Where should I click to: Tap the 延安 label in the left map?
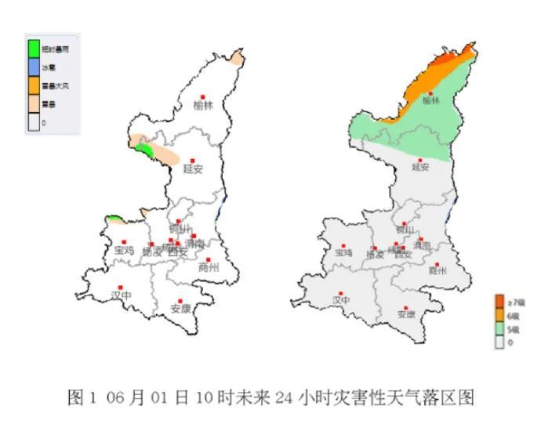(x=193, y=168)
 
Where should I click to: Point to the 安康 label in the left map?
(x=180, y=308)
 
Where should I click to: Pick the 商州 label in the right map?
(x=437, y=270)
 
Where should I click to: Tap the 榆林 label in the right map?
(x=430, y=100)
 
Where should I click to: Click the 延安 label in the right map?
(x=420, y=166)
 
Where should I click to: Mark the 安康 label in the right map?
(x=406, y=314)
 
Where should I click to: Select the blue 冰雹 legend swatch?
(x=34, y=67)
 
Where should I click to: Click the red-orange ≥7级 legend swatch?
(x=499, y=301)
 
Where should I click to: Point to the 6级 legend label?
(x=514, y=315)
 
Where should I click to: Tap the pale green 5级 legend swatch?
(x=499, y=329)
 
